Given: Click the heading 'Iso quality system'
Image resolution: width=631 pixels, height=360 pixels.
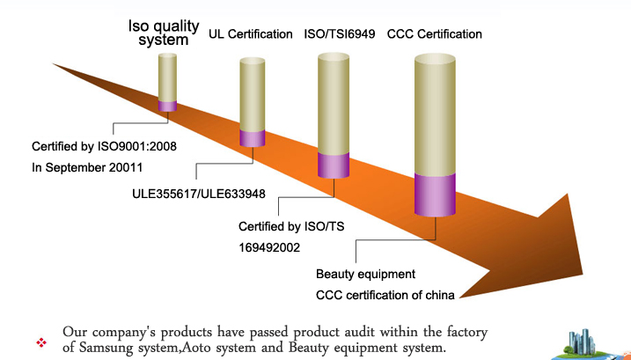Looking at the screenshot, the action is pyautogui.click(x=164, y=33).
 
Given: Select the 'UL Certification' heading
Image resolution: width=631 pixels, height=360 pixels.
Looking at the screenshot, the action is pyautogui.click(x=250, y=34).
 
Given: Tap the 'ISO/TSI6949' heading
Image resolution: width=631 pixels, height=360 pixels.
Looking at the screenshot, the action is pyautogui.click(x=339, y=34).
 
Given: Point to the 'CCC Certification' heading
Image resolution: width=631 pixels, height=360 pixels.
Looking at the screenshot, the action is pyautogui.click(x=435, y=34).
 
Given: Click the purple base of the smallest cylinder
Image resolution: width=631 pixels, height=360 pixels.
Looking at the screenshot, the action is pyautogui.click(x=167, y=106).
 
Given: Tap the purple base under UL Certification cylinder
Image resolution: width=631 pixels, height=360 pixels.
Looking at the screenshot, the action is pyautogui.click(x=253, y=138).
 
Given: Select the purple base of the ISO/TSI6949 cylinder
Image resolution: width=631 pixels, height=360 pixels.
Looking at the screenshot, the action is pyautogui.click(x=334, y=165).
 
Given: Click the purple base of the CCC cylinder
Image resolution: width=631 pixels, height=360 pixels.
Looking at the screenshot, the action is pyautogui.click(x=435, y=195).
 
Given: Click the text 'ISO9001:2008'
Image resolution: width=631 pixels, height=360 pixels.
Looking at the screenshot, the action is pyautogui.click(x=136, y=146).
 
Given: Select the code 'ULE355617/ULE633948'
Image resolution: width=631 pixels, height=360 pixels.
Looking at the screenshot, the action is pyautogui.click(x=199, y=195).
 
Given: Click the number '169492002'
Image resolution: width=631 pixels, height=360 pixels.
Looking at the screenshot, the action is pyautogui.click(x=269, y=247).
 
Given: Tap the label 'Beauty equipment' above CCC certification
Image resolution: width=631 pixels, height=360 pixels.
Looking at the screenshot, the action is pyautogui.click(x=365, y=275).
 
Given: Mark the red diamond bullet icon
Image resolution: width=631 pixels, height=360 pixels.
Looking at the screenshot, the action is pyautogui.click(x=41, y=342).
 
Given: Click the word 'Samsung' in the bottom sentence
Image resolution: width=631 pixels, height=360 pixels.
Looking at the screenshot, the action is pyautogui.click(x=106, y=347).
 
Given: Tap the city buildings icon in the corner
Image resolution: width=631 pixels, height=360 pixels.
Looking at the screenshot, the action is pyautogui.click(x=583, y=344).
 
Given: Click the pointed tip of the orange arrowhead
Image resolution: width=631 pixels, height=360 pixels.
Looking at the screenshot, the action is pyautogui.click(x=583, y=275).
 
